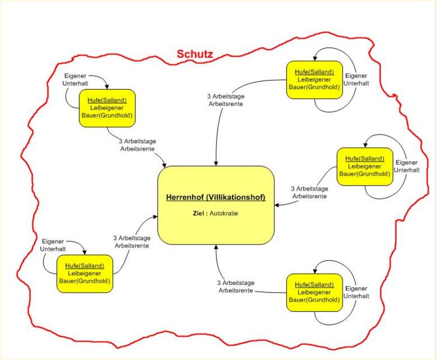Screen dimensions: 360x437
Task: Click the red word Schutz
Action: point(195,54)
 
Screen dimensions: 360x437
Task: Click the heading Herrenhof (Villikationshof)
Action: point(216,197)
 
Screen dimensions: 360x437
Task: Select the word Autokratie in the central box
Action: point(224,213)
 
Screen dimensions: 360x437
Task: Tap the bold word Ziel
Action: point(200,213)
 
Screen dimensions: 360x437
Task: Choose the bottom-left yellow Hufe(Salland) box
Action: point(85,273)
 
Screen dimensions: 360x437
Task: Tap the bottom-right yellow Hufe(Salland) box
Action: point(314,292)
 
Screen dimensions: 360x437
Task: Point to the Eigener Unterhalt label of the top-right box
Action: point(357,79)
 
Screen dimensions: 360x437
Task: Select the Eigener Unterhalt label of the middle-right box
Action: point(407,166)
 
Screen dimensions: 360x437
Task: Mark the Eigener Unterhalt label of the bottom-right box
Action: point(356,292)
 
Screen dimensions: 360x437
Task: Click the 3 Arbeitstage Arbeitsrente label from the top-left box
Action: point(136,144)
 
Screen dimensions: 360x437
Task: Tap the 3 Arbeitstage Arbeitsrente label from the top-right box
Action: point(225,100)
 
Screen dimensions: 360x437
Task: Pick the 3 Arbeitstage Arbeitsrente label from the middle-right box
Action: point(309,192)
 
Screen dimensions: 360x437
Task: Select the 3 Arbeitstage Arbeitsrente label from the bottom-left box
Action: point(132,242)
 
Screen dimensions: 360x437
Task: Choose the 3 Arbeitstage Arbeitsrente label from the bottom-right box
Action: point(236,287)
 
